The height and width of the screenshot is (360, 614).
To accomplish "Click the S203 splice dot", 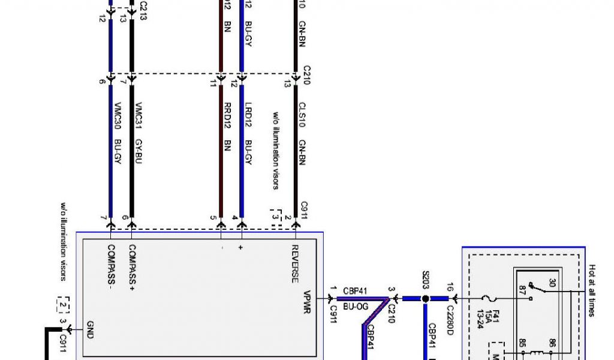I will coord(425,298).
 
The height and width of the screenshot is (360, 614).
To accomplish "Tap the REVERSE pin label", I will coord(295,263).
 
